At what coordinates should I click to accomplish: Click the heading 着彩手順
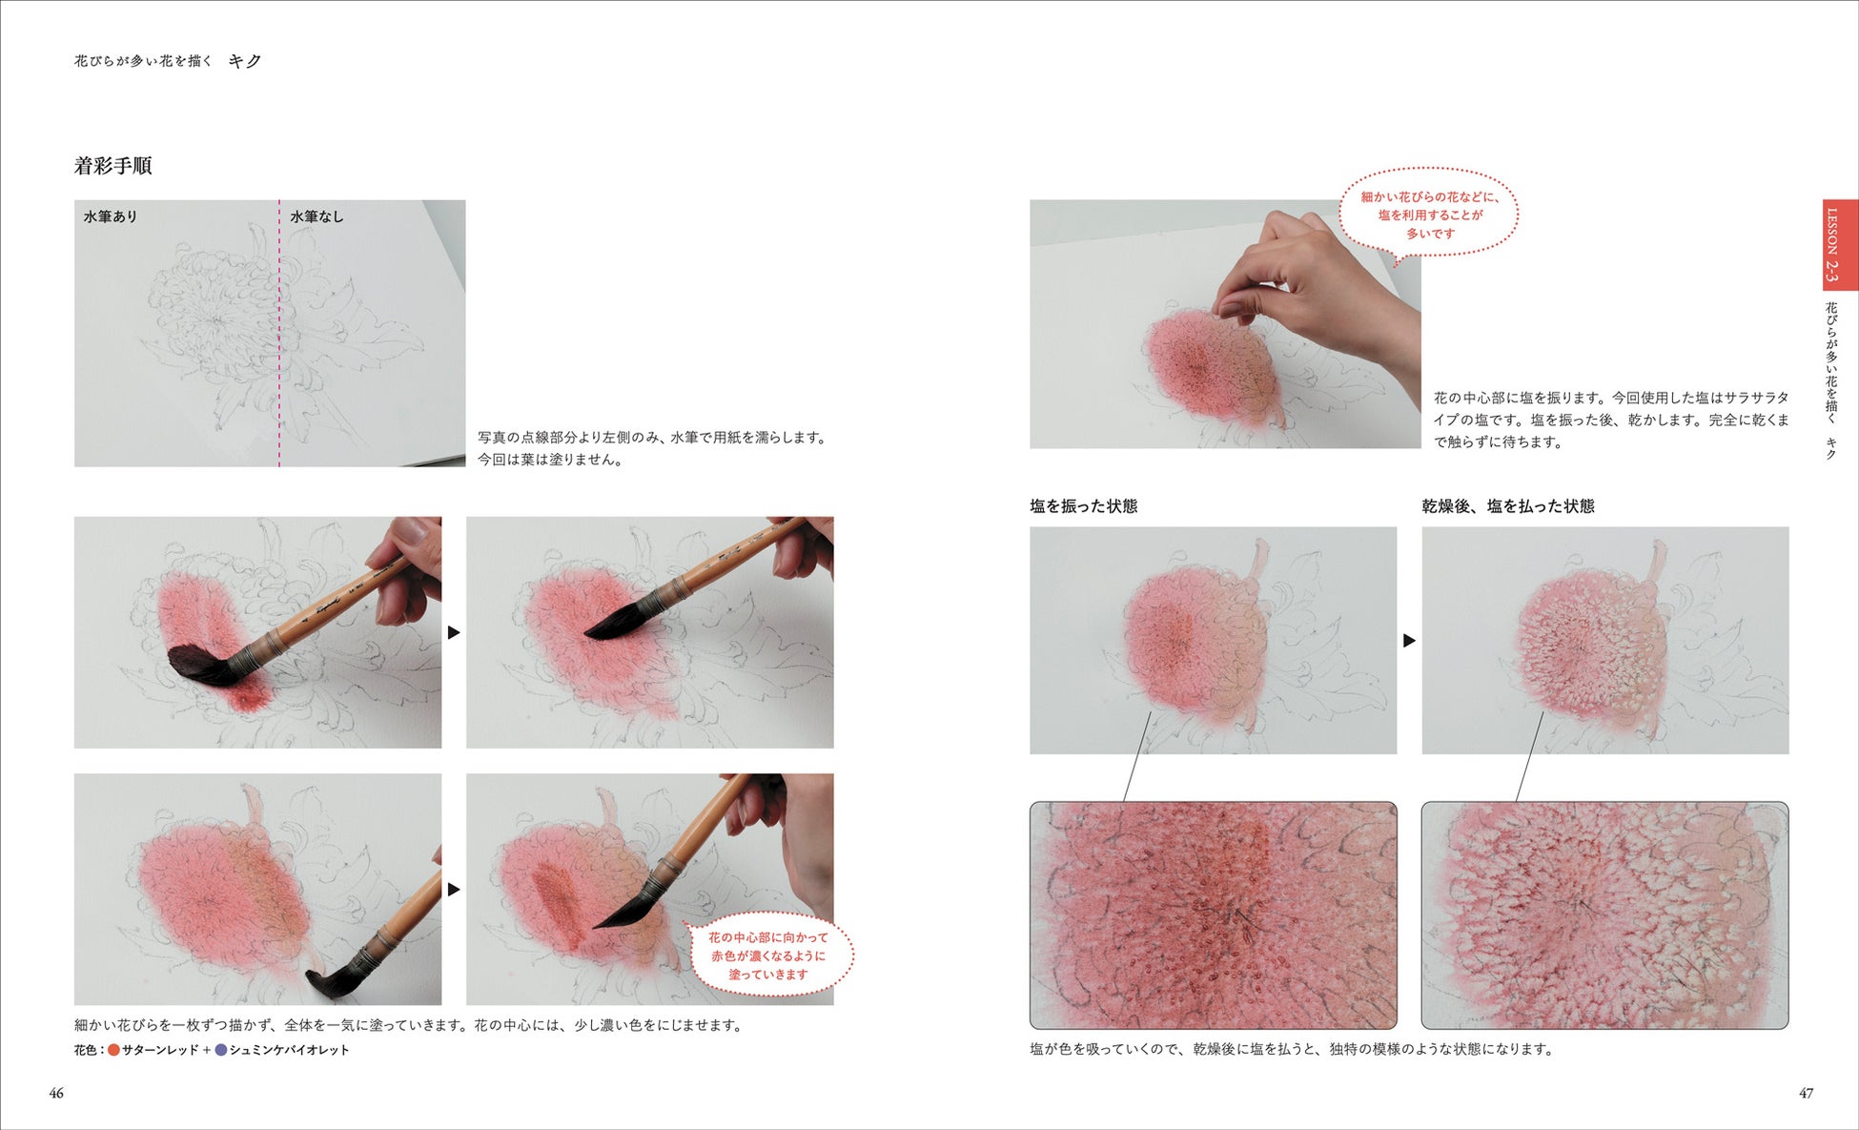coord(112,166)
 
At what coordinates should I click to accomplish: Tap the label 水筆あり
coord(111,216)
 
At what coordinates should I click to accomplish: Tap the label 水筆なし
coord(317,216)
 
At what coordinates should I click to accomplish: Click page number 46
coord(56,1093)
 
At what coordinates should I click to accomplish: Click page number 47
coord(1806,1093)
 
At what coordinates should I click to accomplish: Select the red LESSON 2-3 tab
coord(1840,244)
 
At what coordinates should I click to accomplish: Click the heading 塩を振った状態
coord(1083,506)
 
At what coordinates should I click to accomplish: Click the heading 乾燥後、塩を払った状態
coord(1508,506)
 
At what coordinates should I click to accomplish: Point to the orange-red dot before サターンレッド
coord(113,1050)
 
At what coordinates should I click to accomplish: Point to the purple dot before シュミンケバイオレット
coord(220,1050)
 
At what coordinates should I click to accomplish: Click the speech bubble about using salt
coord(1429,215)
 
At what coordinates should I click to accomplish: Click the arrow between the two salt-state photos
coord(1409,641)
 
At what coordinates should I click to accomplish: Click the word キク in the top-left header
coord(244,61)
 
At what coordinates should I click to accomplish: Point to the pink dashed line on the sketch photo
coord(279,333)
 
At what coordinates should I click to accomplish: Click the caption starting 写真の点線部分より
coord(654,448)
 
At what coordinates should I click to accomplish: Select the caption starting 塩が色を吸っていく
coord(1292,1049)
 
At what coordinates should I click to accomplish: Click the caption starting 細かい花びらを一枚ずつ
coord(408,1025)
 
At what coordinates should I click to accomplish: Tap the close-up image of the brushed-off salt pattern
coord(1604,915)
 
